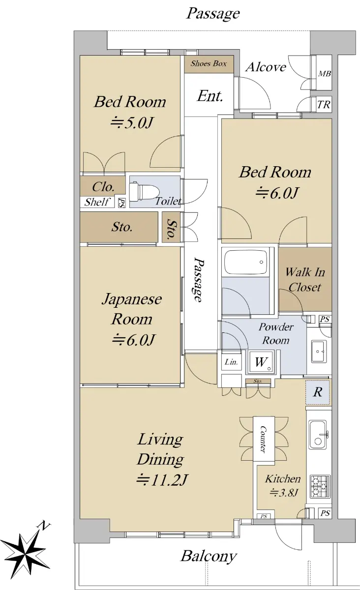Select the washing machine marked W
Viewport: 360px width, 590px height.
(261, 362)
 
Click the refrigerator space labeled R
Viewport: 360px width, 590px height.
(318, 392)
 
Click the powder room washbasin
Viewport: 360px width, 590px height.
(319, 352)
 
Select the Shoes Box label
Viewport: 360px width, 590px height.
(209, 63)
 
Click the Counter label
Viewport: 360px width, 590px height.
(263, 439)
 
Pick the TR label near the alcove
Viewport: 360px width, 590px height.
(324, 105)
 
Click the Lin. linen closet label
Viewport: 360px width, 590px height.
(231, 362)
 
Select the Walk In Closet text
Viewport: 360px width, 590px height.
(305, 279)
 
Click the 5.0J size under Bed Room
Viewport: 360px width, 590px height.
(131, 122)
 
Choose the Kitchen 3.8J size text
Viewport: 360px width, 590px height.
(283, 492)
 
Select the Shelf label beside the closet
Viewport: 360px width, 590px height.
(96, 202)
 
